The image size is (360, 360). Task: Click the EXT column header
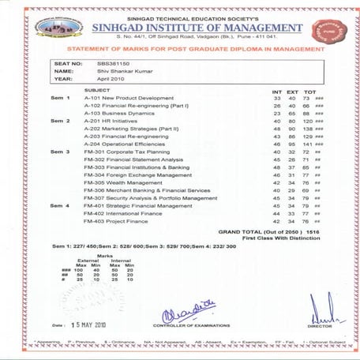(292, 90)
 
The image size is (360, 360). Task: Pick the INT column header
(276, 90)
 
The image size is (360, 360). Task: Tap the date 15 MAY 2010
(92, 324)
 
